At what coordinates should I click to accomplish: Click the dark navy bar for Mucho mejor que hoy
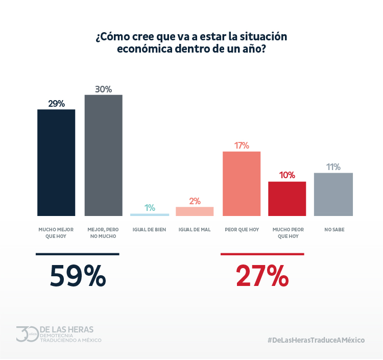click(56, 162)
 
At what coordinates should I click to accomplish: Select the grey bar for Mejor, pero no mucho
click(103, 155)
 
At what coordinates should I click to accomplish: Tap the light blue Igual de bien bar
click(150, 214)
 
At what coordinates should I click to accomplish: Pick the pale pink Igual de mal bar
click(195, 211)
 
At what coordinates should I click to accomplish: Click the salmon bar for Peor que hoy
click(242, 183)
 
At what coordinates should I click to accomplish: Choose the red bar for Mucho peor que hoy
click(287, 199)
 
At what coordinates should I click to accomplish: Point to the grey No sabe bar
click(333, 194)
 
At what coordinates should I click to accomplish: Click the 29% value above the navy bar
click(56, 104)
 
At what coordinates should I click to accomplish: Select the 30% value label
click(103, 89)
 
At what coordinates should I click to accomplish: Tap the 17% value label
click(242, 146)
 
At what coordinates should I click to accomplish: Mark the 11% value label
click(333, 167)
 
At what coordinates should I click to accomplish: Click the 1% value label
click(150, 208)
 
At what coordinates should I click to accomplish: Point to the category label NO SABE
click(334, 230)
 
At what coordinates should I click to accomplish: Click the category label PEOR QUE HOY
click(242, 230)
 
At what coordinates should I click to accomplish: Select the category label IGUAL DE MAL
click(195, 230)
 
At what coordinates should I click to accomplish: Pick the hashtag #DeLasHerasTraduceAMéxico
click(316, 340)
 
